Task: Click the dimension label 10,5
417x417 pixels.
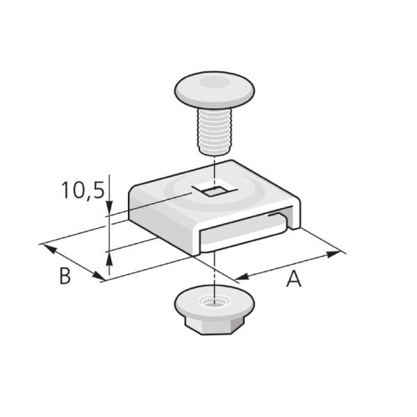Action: coord(83,190)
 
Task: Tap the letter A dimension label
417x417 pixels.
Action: coord(294,278)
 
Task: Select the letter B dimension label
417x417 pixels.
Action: coord(65,276)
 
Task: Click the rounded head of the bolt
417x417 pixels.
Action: coord(214,90)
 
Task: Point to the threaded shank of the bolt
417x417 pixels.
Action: coord(214,131)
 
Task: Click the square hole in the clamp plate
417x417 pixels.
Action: coord(215,190)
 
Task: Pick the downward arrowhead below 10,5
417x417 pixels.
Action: coord(109,207)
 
